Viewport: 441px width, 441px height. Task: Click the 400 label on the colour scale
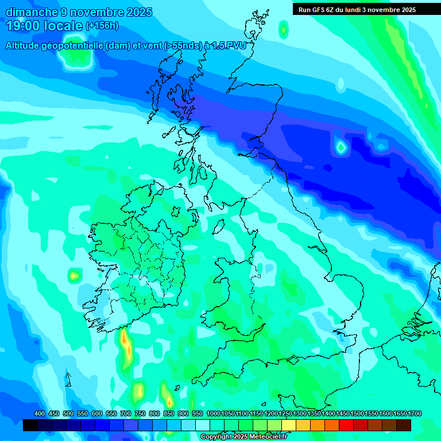(x=40, y=413)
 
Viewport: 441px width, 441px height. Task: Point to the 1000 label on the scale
(x=214, y=413)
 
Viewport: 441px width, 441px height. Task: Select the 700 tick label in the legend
(x=126, y=413)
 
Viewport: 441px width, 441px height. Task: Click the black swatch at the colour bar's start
(x=30, y=425)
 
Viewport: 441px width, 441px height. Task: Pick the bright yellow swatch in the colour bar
(x=289, y=425)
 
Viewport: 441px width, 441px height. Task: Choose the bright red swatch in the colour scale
(x=346, y=425)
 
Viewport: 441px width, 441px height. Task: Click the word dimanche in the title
(x=32, y=12)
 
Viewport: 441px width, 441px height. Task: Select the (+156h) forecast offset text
(x=102, y=26)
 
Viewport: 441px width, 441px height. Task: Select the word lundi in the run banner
(x=362, y=9)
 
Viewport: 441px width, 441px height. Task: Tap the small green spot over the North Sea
(x=341, y=148)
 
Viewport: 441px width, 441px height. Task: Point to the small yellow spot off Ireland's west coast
(x=73, y=277)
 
